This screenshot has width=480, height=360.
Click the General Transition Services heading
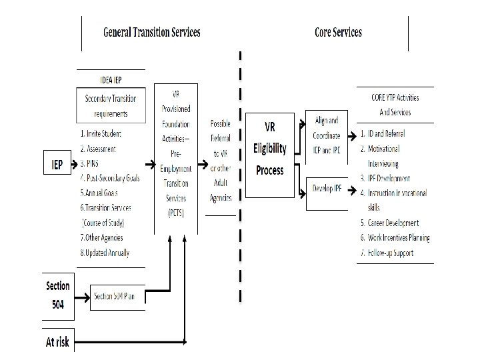151,32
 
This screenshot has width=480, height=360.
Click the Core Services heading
338,32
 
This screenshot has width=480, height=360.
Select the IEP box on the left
58,163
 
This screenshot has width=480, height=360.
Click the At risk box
58,343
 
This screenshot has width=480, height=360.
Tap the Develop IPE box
327,189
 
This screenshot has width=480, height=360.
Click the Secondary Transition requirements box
111,105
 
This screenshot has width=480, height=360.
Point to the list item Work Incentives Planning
395,238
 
